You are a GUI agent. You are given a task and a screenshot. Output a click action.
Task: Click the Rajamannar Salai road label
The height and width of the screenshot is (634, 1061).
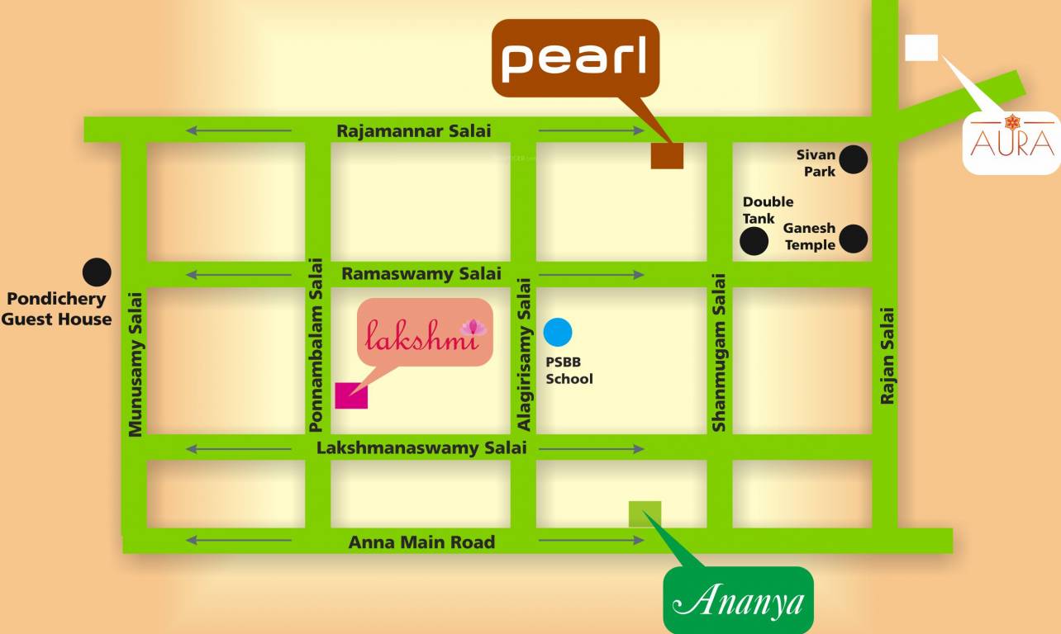pyautogui.click(x=413, y=131)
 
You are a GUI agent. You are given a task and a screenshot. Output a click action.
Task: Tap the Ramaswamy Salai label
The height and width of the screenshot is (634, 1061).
pyautogui.click(x=421, y=273)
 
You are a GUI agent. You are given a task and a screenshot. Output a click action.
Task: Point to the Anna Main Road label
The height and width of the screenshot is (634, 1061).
pyautogui.click(x=421, y=542)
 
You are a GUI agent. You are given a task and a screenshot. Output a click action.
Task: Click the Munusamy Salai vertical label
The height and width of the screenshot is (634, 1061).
pyautogui.click(x=136, y=363)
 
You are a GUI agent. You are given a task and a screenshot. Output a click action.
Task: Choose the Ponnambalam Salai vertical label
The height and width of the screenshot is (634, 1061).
pyautogui.click(x=315, y=345)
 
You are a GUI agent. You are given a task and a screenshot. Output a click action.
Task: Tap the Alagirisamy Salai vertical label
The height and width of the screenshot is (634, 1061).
pyautogui.click(x=523, y=354)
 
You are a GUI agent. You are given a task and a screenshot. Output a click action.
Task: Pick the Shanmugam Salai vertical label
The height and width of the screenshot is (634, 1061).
pyautogui.click(x=719, y=352)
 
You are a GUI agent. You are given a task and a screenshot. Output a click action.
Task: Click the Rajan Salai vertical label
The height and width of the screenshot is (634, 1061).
pyautogui.click(x=887, y=356)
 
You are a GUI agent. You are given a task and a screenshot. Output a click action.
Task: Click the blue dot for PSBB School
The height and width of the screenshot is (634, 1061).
pyautogui.click(x=558, y=332)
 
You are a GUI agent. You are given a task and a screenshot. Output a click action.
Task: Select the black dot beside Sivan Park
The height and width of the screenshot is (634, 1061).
pyautogui.click(x=854, y=159)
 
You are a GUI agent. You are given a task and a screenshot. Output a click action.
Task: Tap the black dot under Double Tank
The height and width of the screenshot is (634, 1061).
pyautogui.click(x=754, y=241)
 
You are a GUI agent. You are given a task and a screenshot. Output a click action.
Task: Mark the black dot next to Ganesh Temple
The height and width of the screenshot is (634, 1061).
pyautogui.click(x=854, y=239)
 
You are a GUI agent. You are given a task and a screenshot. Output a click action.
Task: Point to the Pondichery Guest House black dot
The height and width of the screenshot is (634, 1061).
pyautogui.click(x=97, y=272)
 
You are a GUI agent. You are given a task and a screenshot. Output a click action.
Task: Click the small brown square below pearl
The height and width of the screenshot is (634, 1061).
pyautogui.click(x=667, y=155)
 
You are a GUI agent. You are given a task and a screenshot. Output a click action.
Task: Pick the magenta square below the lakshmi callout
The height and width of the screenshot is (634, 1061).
pyautogui.click(x=351, y=395)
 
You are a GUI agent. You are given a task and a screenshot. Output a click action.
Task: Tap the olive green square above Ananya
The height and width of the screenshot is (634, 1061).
pyautogui.click(x=645, y=513)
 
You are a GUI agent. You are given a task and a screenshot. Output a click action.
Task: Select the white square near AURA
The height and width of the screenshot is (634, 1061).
pyautogui.click(x=921, y=48)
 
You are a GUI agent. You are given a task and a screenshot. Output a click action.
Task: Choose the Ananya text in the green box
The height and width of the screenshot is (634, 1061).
pyautogui.click(x=739, y=600)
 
